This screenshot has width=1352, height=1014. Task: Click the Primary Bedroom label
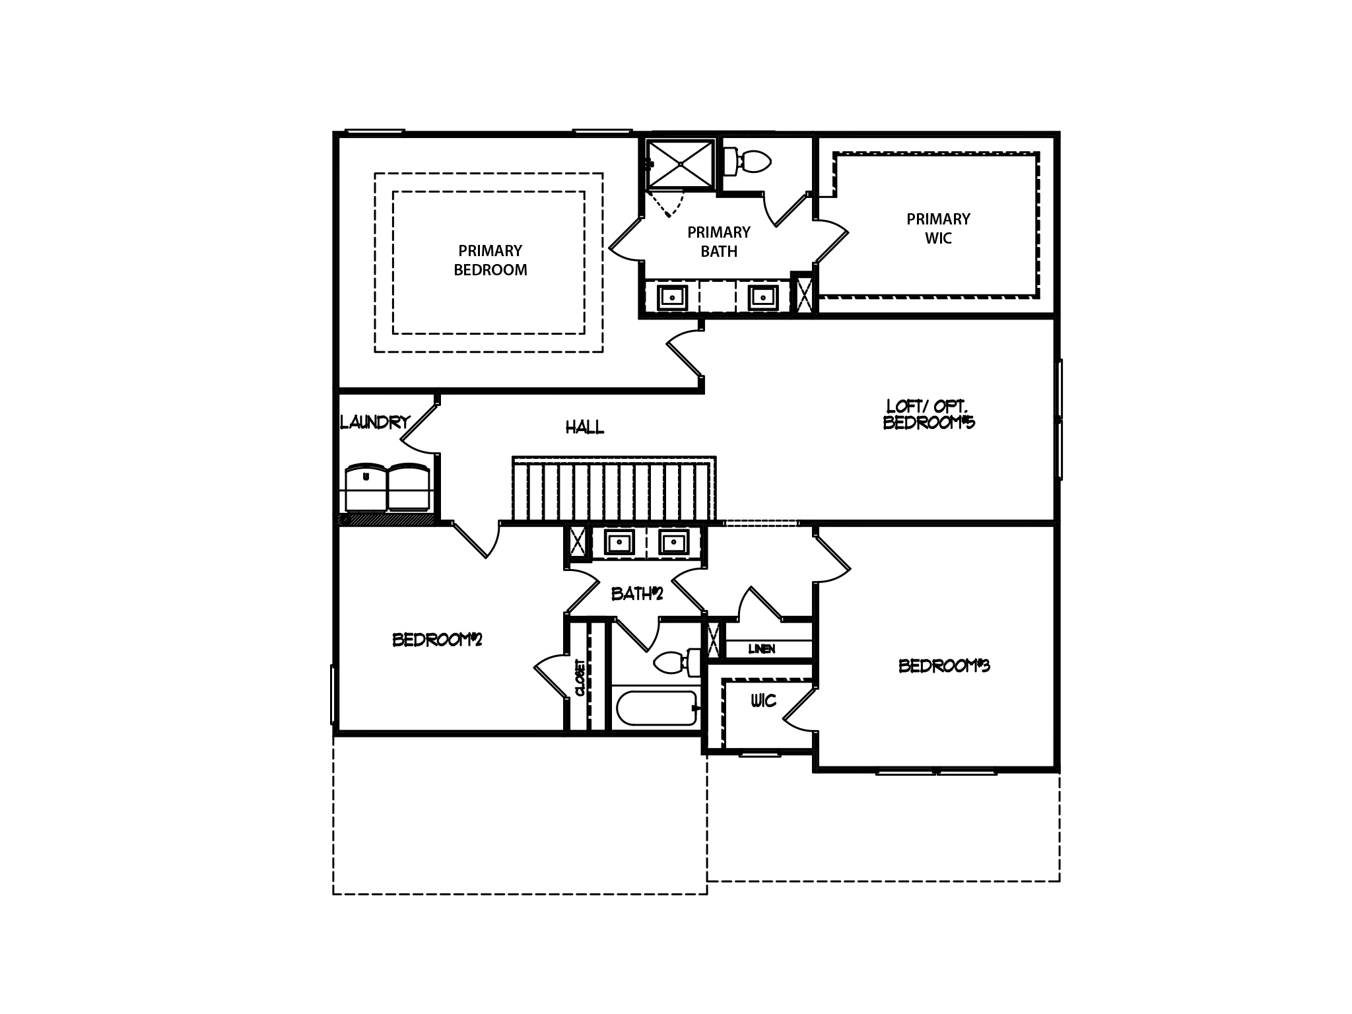490,260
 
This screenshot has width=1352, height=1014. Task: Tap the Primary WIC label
938,228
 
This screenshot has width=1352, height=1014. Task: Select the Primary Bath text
719,242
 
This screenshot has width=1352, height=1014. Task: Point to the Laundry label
375,422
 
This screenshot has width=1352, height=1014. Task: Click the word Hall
584,428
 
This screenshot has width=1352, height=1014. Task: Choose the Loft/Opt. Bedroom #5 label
929,415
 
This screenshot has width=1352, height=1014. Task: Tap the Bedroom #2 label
437,640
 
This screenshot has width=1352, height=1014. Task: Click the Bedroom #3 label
944,666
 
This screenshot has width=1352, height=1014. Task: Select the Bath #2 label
636,594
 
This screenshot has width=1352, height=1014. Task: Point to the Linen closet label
761,649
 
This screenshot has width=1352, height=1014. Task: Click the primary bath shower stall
680,164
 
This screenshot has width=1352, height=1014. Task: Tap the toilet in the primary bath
749,160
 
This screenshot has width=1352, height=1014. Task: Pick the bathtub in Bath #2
658,708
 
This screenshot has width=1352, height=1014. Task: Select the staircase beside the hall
613,490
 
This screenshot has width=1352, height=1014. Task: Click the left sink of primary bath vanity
671,298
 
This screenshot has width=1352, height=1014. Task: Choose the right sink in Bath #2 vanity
673,543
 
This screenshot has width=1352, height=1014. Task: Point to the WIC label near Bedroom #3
763,700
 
